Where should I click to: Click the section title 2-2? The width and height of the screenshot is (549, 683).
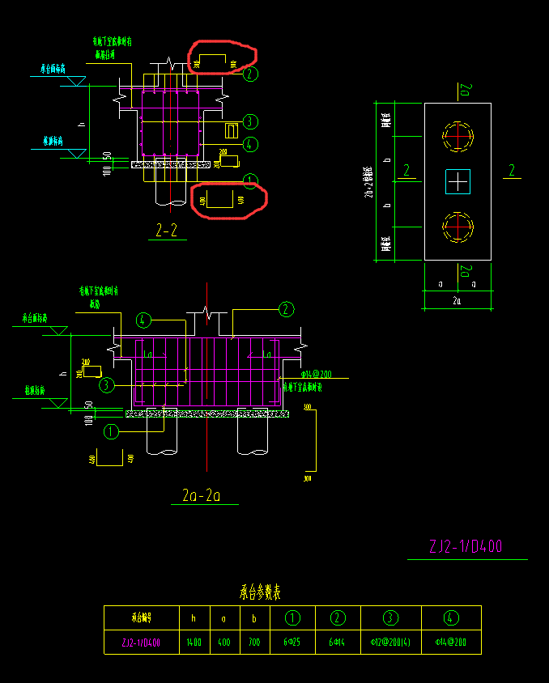[166, 231]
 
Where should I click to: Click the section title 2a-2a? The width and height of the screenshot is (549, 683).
[202, 494]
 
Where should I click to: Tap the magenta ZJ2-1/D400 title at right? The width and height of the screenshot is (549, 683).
[466, 547]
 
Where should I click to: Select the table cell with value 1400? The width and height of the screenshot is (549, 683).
[193, 643]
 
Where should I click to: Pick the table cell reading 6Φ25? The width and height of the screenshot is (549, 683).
[292, 643]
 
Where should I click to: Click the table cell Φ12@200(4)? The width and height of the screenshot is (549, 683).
[390, 643]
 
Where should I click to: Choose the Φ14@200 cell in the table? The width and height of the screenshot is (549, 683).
[451, 643]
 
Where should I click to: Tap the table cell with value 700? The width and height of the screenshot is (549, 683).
[254, 643]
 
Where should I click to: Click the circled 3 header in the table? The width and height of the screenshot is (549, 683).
[390, 618]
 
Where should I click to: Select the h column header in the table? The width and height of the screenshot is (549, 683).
[193, 618]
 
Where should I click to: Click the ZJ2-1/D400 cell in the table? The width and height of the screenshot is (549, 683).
[141, 643]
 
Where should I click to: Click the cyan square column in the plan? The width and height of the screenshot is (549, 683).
[457, 182]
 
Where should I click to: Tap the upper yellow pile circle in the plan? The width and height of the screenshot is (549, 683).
[457, 135]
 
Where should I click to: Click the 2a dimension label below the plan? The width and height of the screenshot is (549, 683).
[457, 301]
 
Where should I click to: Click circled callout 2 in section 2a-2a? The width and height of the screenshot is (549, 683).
[286, 308]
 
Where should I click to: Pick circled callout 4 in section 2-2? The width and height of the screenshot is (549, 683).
[250, 144]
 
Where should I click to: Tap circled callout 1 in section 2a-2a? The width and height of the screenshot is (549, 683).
[111, 431]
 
